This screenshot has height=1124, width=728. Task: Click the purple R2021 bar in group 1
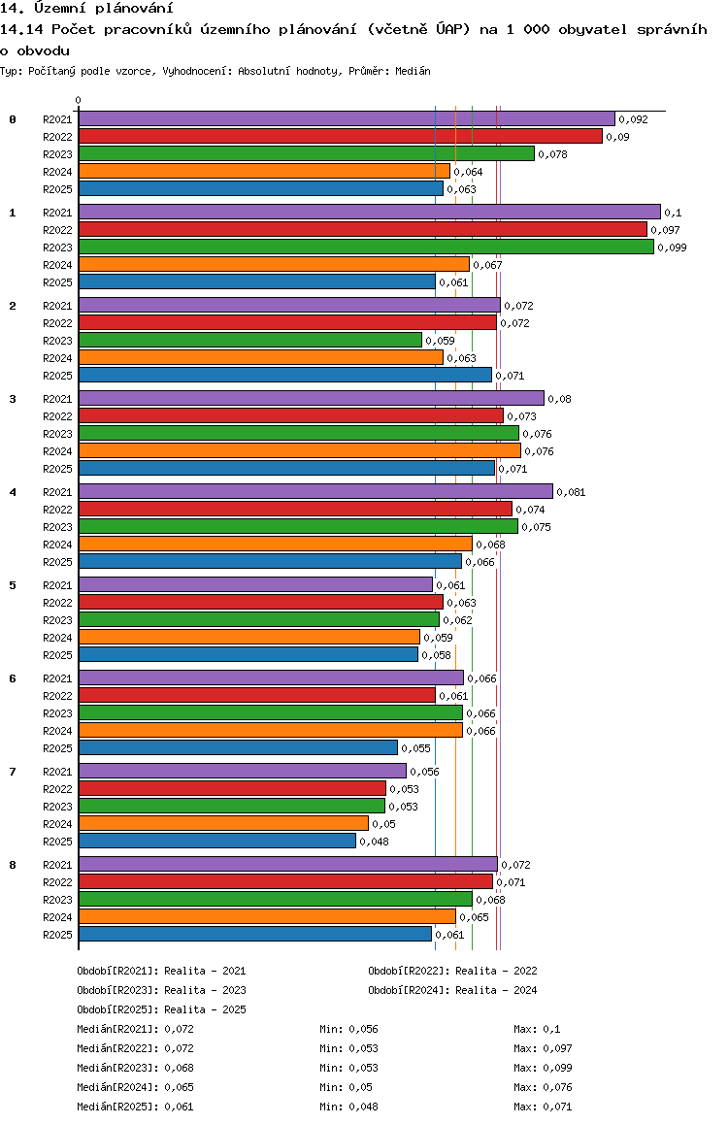click(x=370, y=212)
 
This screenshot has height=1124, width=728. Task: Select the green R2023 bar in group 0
click(x=307, y=153)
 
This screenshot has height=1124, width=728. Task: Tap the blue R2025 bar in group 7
click(x=217, y=841)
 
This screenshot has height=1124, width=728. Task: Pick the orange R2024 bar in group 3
click(x=300, y=450)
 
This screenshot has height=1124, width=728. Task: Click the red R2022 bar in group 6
click(x=257, y=695)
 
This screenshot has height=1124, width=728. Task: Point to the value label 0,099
click(x=672, y=248)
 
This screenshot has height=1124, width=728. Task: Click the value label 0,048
click(x=374, y=842)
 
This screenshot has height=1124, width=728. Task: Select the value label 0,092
click(x=634, y=119)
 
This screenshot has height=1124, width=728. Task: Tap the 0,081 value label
click(x=571, y=492)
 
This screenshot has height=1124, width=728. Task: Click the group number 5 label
click(x=13, y=585)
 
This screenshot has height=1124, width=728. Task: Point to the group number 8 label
click(x=13, y=865)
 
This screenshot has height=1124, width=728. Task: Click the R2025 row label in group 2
click(x=57, y=376)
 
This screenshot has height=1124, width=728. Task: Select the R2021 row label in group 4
click(x=57, y=492)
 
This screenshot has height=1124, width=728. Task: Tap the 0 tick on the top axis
click(x=78, y=100)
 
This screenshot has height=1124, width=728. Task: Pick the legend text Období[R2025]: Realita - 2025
click(x=161, y=1009)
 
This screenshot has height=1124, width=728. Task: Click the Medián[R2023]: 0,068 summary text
click(x=136, y=1068)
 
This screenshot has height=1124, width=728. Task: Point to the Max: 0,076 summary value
click(x=544, y=1087)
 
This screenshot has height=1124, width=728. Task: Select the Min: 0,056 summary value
click(x=348, y=1029)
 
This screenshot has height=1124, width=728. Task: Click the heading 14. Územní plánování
click(x=86, y=8)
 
